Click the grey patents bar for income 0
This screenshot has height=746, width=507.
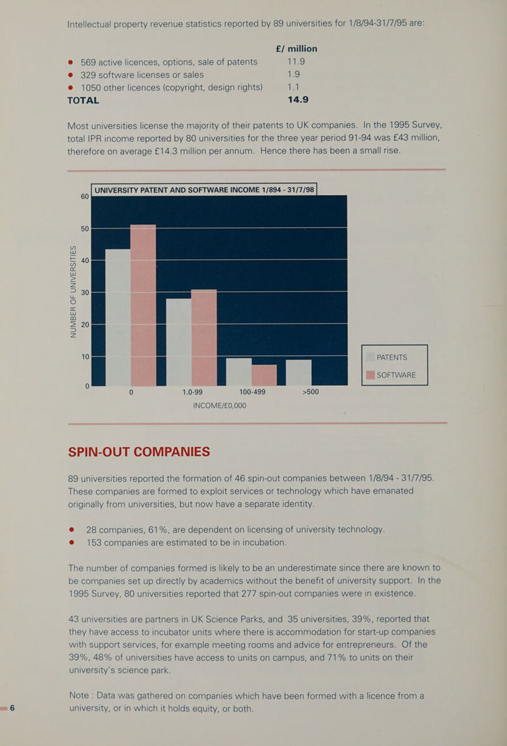click(118, 317)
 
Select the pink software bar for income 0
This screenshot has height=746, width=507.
click(143, 305)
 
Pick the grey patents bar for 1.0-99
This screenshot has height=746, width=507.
click(179, 342)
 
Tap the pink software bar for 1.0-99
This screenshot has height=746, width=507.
click(204, 338)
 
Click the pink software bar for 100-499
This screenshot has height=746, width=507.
click(264, 375)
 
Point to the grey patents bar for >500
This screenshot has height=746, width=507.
click(298, 372)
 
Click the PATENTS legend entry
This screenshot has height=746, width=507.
click(387, 357)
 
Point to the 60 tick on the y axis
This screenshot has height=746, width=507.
click(85, 196)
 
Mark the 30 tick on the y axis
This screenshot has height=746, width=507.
click(85, 293)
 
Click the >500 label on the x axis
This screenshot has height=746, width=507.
click(311, 392)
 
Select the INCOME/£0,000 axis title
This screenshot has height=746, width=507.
click(219, 406)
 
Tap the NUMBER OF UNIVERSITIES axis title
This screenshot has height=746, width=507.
click(74, 291)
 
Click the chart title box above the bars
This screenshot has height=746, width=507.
click(204, 190)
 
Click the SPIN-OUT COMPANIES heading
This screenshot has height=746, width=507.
click(139, 452)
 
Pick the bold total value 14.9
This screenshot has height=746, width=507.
click(298, 99)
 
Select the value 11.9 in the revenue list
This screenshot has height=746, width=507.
click(296, 61)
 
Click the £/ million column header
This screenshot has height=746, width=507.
click(296, 49)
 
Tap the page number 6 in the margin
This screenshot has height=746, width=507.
click(13, 708)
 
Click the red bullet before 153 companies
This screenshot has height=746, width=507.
click(72, 542)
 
